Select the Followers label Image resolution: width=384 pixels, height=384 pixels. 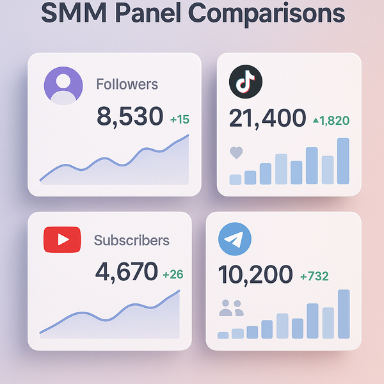tap(127, 84)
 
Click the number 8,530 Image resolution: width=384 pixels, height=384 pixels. tap(131, 116)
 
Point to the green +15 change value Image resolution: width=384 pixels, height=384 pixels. tap(180, 120)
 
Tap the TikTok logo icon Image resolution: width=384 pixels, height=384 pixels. tap(246, 83)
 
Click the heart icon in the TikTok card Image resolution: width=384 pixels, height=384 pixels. tap(236, 153)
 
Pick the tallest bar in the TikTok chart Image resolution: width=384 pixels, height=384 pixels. tap(343, 161)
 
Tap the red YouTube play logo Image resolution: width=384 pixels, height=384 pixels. tap(62, 240)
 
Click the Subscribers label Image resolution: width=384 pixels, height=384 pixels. tap(132, 241)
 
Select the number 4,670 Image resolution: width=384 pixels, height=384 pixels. tap(126, 272)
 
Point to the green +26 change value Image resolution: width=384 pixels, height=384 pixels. tap(173, 275)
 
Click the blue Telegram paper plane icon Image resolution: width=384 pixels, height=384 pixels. tap(234, 240)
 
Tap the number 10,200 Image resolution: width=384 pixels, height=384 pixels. tap(255, 275)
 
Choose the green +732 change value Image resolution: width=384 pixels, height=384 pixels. tap(314, 276)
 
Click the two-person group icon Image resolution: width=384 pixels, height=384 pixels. tap(232, 308)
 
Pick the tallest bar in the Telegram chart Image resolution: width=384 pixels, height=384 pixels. tap(344, 314)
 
